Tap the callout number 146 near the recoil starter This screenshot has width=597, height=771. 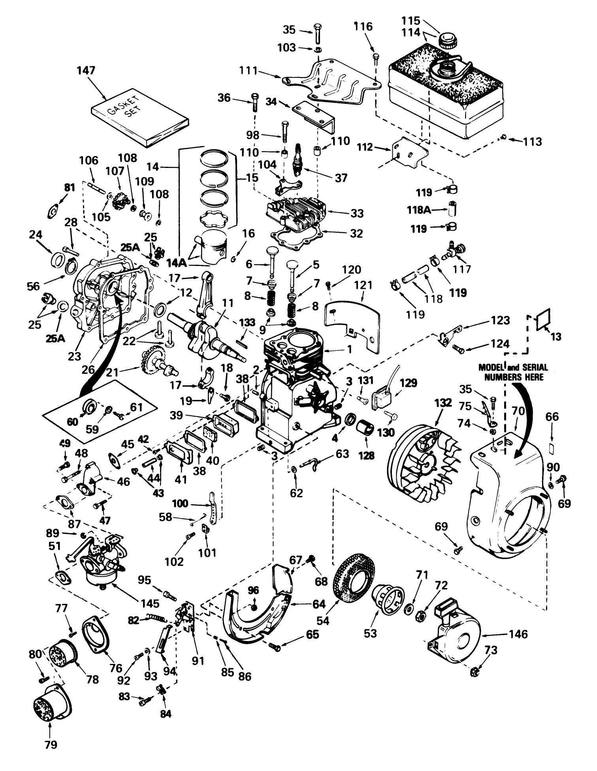[x=518, y=634]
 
